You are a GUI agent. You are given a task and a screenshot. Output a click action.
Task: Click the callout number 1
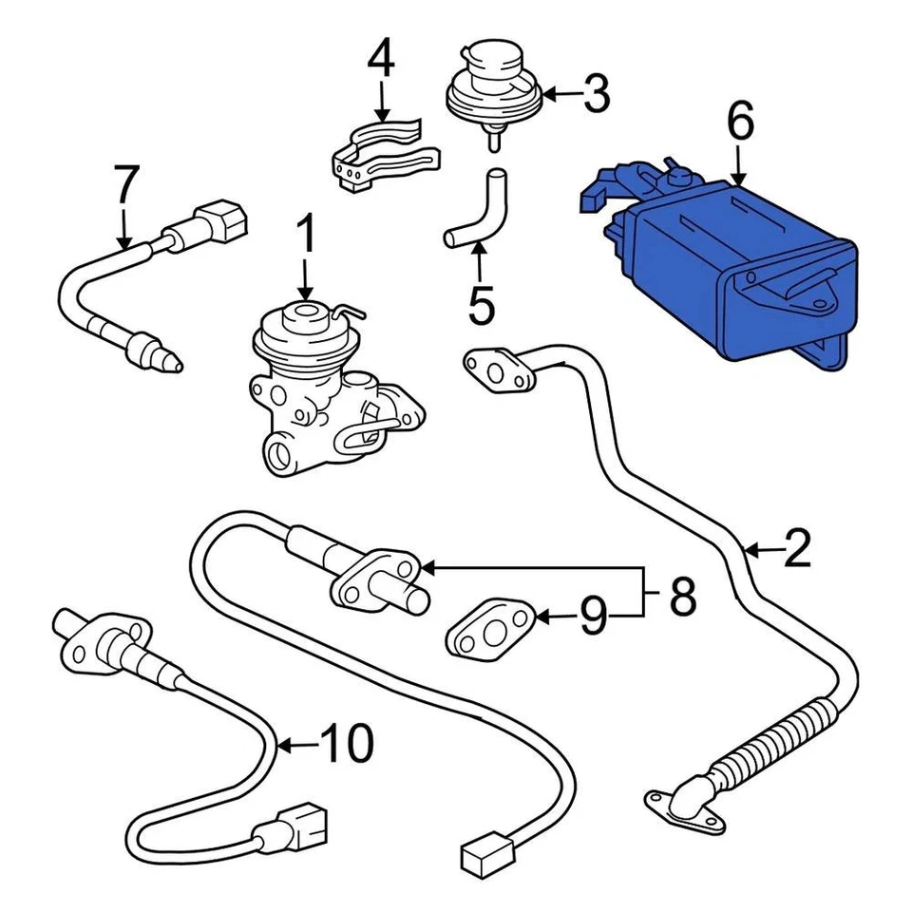pyautogui.click(x=306, y=235)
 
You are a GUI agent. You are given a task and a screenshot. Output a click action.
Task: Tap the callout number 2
pyautogui.click(x=796, y=548)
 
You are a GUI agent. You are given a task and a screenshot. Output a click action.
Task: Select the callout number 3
pyautogui.click(x=596, y=94)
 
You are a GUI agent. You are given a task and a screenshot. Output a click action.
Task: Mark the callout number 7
pyautogui.click(x=125, y=184)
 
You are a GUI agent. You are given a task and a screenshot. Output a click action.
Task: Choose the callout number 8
pyautogui.click(x=682, y=597)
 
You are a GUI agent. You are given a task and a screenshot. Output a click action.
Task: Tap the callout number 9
pyautogui.click(x=593, y=618)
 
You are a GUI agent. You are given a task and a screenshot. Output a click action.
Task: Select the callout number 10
pyautogui.click(x=346, y=745)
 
